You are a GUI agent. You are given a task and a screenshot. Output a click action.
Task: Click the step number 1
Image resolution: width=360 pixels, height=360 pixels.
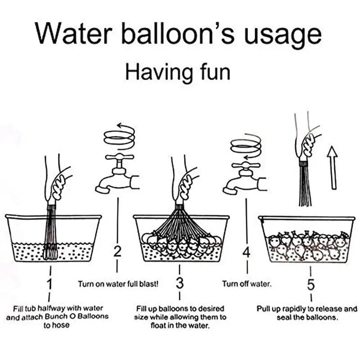50,284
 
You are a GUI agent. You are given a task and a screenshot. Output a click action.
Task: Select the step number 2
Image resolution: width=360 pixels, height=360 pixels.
117,252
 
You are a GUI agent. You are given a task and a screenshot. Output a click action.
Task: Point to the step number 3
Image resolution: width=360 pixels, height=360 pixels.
180,284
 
